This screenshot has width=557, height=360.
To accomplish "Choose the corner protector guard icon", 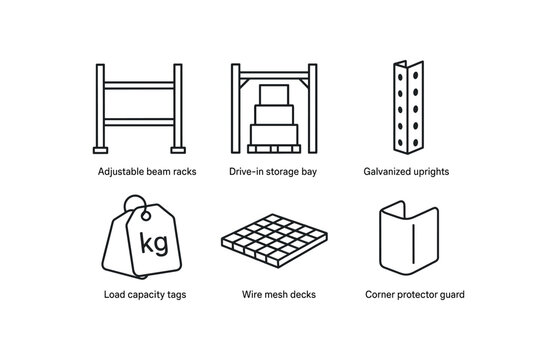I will (x=406, y=242).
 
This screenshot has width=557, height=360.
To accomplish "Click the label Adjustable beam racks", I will (x=147, y=171).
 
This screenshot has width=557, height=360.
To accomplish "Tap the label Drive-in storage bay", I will (x=273, y=171).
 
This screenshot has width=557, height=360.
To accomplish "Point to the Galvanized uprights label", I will (x=406, y=171).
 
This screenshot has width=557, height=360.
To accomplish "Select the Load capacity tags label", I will (x=144, y=295).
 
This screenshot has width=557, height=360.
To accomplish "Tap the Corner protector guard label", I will (x=415, y=295).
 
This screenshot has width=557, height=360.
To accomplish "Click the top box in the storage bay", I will (x=273, y=93).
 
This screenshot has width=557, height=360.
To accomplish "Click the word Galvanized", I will (x=389, y=171).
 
